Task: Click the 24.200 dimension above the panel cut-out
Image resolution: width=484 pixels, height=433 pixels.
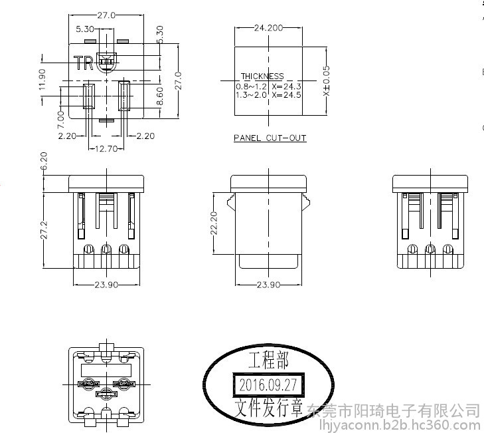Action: (268, 28)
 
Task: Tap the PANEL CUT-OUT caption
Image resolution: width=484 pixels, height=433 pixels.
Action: (270, 138)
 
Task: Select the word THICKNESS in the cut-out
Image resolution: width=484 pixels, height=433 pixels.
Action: (262, 76)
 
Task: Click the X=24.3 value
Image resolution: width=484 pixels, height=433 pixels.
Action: (286, 86)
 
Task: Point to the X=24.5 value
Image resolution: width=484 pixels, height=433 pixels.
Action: (286, 94)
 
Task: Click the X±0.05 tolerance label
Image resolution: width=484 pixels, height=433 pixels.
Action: (326, 80)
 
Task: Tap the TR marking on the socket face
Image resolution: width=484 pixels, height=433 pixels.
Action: (84, 63)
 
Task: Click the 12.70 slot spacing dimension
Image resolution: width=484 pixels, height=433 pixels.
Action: (106, 149)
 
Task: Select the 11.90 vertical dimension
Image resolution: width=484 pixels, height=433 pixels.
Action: (42, 80)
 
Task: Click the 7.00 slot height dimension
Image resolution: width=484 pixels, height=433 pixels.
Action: (61, 120)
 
